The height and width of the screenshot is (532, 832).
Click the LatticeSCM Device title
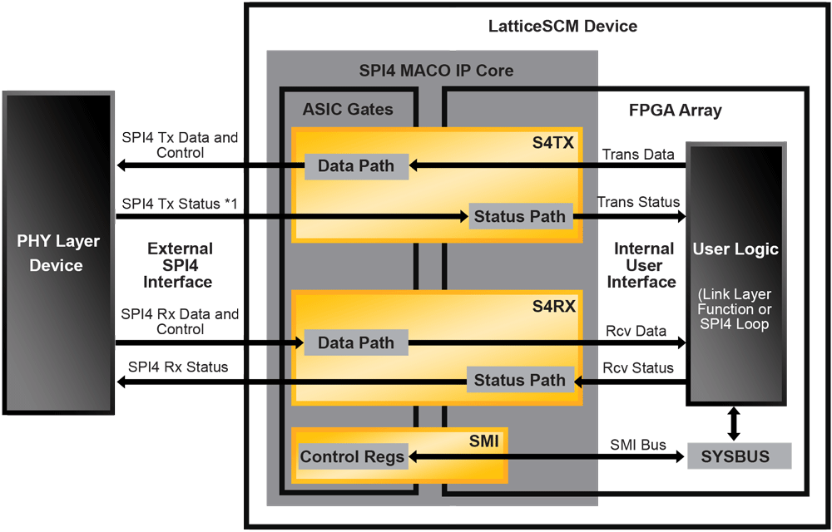tap(562, 27)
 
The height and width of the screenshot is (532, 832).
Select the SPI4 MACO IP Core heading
tap(436, 71)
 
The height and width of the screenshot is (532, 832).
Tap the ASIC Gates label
tap(348, 109)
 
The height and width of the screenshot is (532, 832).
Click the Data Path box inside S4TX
tap(356, 166)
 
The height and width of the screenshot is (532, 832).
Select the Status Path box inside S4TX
tap(520, 217)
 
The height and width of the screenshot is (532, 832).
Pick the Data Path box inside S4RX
tap(356, 342)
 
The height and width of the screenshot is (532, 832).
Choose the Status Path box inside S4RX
tap(520, 381)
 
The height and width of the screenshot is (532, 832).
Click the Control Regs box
tap(353, 456)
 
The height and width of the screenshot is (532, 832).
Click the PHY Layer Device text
tap(58, 254)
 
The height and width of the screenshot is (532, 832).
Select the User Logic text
tap(735, 249)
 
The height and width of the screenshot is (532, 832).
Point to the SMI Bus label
tap(638, 445)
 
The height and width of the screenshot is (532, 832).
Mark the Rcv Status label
tap(638, 367)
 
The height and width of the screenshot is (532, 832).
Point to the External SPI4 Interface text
tap(179, 265)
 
